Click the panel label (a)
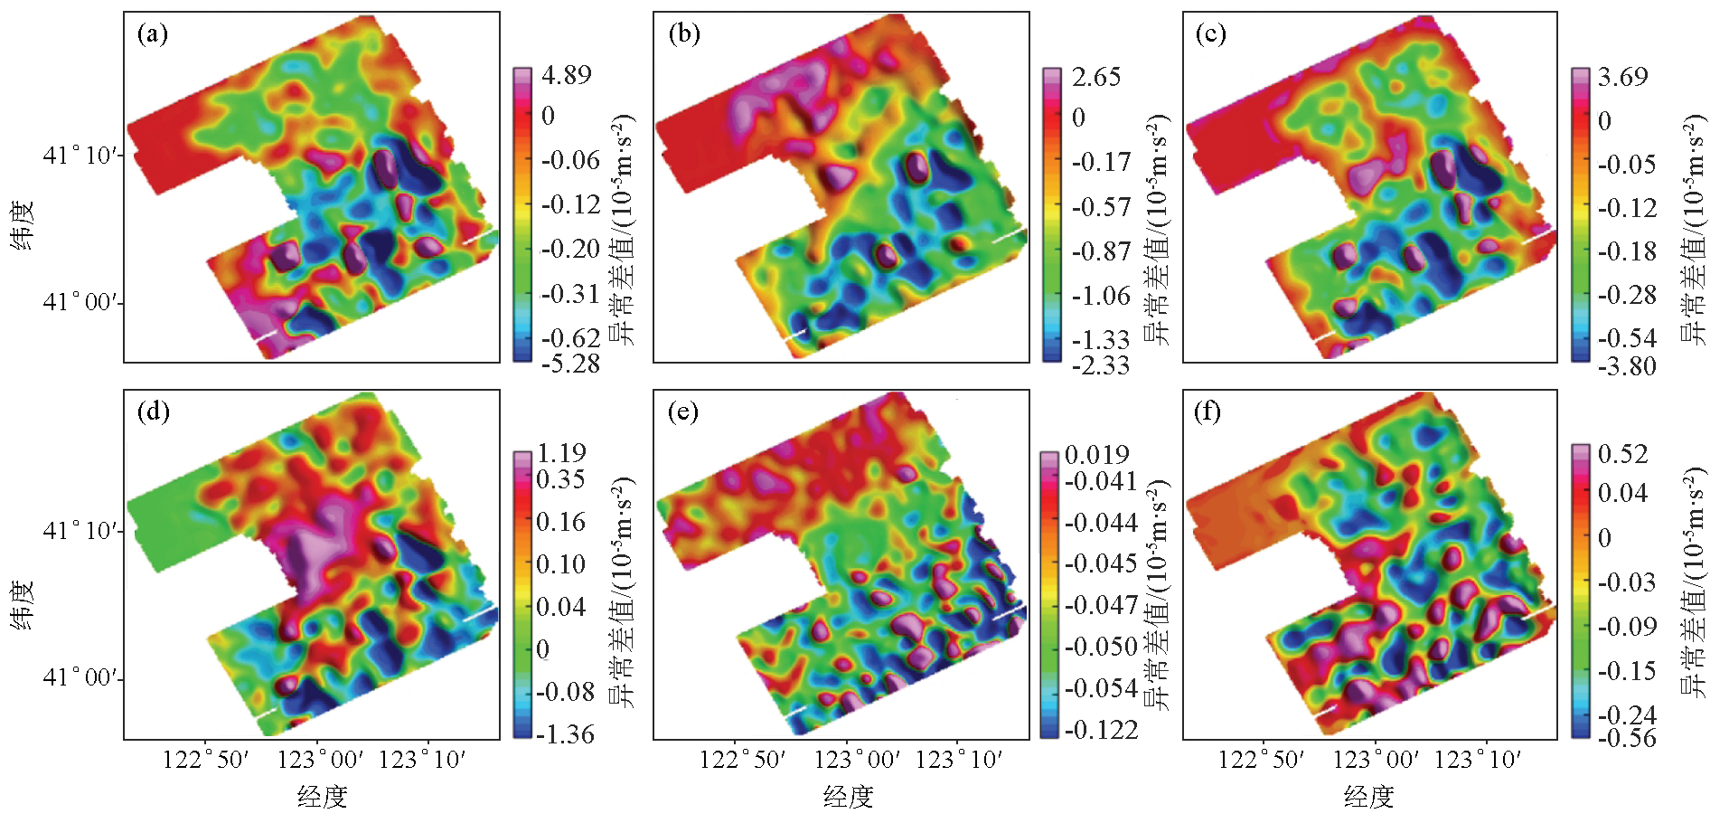pyautogui.click(x=152, y=34)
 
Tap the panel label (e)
pyautogui.click(x=682, y=412)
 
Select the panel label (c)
pyautogui.click(x=1210, y=34)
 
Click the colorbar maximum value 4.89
pyautogui.click(x=567, y=75)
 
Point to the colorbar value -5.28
pyautogui.click(x=570, y=364)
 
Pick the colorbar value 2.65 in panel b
pyautogui.click(x=1096, y=77)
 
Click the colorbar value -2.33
pyautogui.click(x=1100, y=365)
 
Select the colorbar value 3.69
pyautogui.click(x=1623, y=77)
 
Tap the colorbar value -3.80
pyautogui.click(x=1627, y=366)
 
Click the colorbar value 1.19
pyautogui.click(x=561, y=453)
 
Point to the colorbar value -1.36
pyautogui.click(x=565, y=734)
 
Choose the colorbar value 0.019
pyautogui.click(x=1097, y=454)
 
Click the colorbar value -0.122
pyautogui.click(x=1101, y=730)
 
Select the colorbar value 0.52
pyautogui.click(x=1623, y=454)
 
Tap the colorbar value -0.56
pyautogui.click(x=1627, y=738)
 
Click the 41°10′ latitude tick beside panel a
pyautogui.click(x=81, y=156)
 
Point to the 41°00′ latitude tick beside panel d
pyautogui.click(x=81, y=678)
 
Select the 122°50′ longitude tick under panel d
pyautogui.click(x=205, y=760)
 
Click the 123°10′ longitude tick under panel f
pyautogui.click(x=1478, y=760)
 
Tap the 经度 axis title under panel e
pyautogui.click(x=848, y=797)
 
